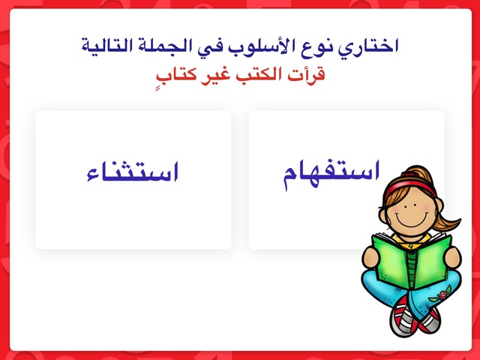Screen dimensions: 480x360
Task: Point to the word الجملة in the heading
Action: (x=160, y=46)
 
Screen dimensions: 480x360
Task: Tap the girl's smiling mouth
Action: (x=409, y=220)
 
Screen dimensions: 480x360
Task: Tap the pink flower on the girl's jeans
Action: (x=442, y=295)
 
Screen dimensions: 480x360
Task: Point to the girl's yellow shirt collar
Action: (x=410, y=241)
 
